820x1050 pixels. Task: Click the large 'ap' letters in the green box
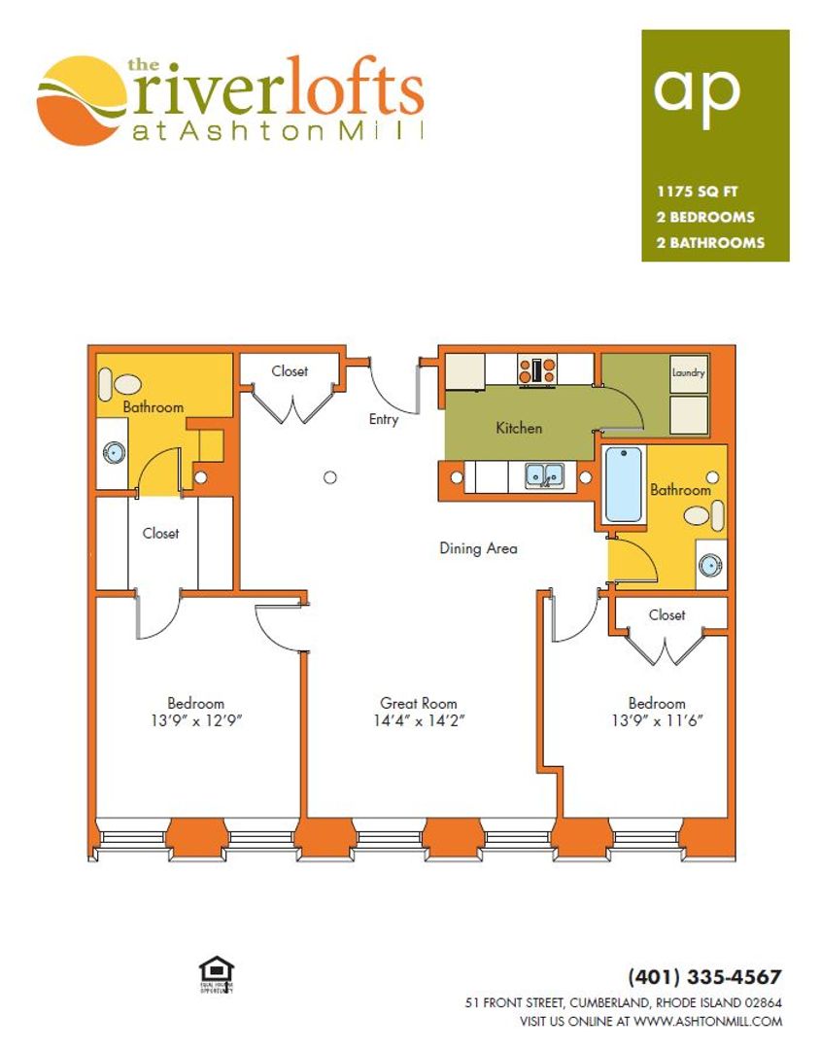point(697,89)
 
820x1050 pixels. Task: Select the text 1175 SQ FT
point(697,192)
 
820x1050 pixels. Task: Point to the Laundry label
point(688,372)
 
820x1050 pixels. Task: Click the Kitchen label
point(519,428)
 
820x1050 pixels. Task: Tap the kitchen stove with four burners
point(537,369)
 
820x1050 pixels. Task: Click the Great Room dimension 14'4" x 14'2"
point(418,721)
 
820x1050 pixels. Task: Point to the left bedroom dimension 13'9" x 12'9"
point(195,721)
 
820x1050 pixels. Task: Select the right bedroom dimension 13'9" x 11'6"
point(657,721)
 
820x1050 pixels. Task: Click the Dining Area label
point(478,548)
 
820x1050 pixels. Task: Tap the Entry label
point(384,419)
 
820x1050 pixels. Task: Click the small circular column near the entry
point(330,477)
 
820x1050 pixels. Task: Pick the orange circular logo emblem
point(83,100)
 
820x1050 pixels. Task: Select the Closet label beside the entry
point(290,371)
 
